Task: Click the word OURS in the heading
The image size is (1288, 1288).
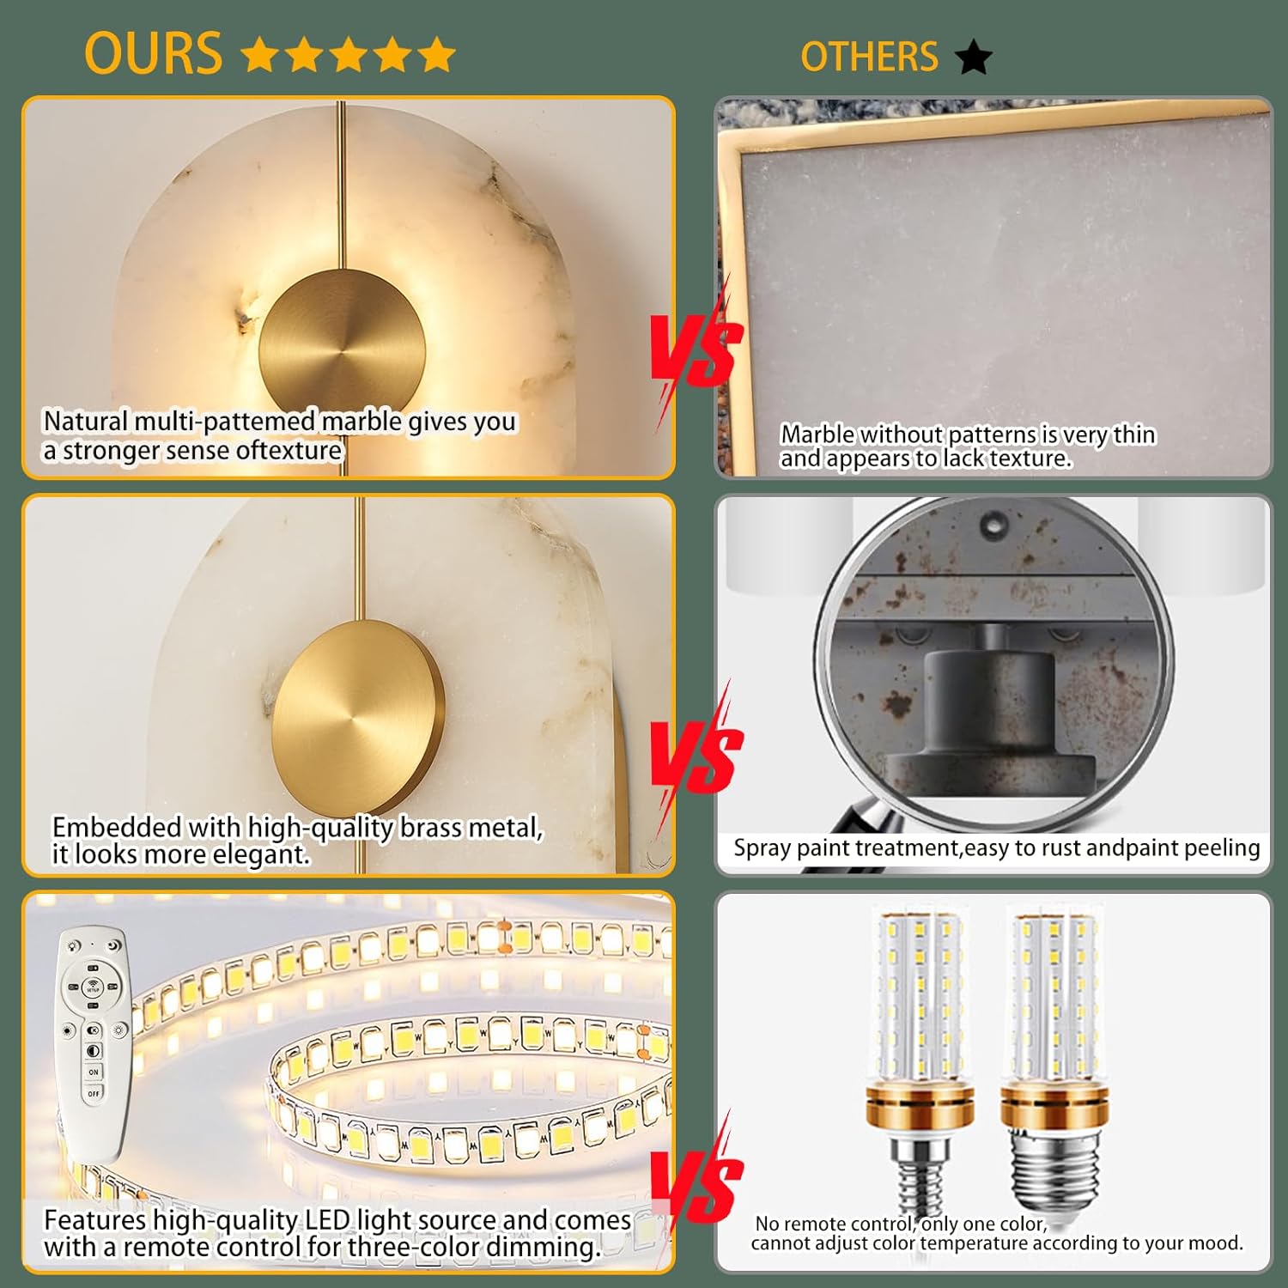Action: pyautogui.click(x=154, y=54)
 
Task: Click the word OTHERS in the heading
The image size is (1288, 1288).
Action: pyautogui.click(x=869, y=58)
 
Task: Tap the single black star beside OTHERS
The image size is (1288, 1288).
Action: pyautogui.click(x=974, y=58)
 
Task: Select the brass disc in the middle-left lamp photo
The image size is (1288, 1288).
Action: pyautogui.click(x=357, y=707)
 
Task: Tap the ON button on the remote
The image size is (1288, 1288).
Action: pyautogui.click(x=94, y=1072)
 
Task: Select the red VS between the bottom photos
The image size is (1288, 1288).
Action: pyautogui.click(x=696, y=1185)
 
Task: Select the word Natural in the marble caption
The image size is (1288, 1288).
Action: pyautogui.click(x=85, y=422)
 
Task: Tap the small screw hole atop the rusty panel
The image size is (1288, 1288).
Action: pyautogui.click(x=993, y=521)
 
